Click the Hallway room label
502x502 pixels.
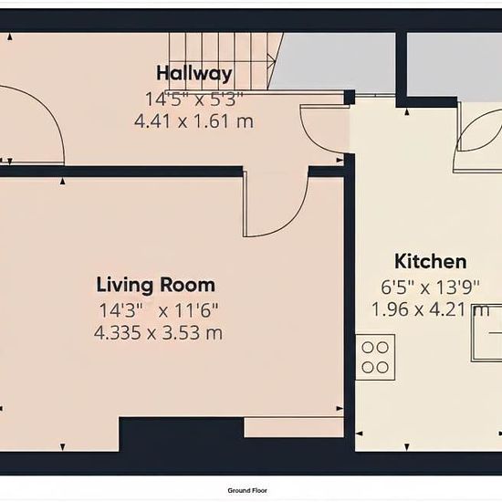click(x=194, y=74)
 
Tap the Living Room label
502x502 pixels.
click(x=156, y=285)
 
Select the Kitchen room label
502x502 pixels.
click(x=430, y=261)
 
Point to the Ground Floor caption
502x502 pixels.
click(x=247, y=490)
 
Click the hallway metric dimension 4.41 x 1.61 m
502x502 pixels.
click(x=194, y=121)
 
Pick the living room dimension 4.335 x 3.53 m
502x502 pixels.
click(x=158, y=332)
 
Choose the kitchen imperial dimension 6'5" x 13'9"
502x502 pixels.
click(x=430, y=288)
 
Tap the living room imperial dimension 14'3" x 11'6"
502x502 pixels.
click(x=159, y=310)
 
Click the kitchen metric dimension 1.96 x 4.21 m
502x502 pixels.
click(x=430, y=309)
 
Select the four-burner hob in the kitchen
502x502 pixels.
click(x=375, y=357)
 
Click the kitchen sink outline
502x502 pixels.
click(x=486, y=333)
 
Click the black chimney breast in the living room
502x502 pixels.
click(x=182, y=434)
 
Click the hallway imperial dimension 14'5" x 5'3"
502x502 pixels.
click(x=194, y=99)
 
